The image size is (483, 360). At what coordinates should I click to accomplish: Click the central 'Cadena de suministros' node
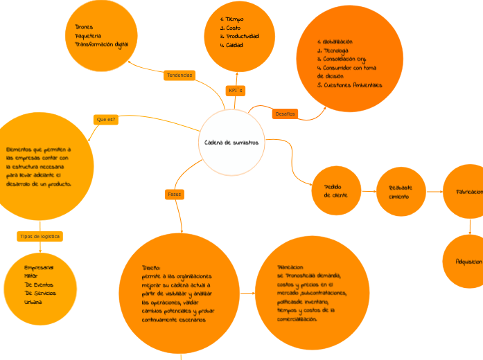coord(231,143)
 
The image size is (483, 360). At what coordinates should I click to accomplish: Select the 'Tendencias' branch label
coord(179,75)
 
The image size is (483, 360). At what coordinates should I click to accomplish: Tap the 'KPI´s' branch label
coord(236,91)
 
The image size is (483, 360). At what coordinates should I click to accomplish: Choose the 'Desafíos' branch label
coord(286,114)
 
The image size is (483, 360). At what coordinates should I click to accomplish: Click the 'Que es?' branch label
coord(106,120)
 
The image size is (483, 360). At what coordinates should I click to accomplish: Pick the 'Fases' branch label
coord(175,195)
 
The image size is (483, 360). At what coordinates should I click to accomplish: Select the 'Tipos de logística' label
coord(40,237)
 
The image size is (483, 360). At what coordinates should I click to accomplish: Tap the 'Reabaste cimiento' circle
coord(401,192)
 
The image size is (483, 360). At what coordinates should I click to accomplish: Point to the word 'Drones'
coord(84,27)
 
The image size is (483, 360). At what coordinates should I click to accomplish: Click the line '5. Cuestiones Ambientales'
coord(349,85)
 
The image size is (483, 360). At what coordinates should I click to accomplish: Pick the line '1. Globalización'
coord(334,42)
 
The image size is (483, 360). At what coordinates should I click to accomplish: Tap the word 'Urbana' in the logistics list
coord(33,303)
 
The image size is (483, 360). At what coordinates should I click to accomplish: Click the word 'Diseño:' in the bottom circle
coord(151,267)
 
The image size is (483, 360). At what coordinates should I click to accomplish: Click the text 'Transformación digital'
coord(102,44)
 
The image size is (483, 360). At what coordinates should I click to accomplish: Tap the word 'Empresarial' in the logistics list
coord(39,267)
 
